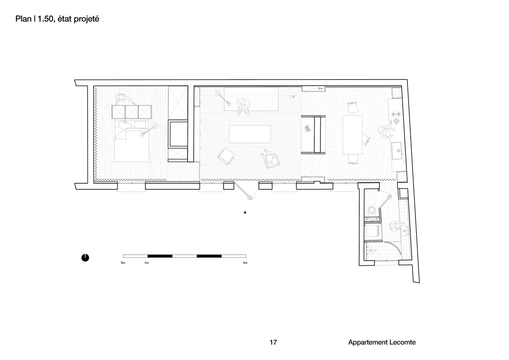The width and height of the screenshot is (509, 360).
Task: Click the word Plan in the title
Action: click(x=23, y=19)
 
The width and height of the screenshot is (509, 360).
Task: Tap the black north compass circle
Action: click(x=85, y=258)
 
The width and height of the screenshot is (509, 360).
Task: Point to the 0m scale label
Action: click(x=123, y=263)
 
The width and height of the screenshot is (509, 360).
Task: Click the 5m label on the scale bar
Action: click(x=245, y=263)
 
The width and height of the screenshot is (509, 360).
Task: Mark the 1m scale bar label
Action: click(x=147, y=263)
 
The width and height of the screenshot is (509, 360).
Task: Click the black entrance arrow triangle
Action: click(x=245, y=212)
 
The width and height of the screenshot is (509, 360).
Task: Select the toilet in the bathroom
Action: click(x=372, y=211)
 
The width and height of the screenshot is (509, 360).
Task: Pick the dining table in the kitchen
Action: click(x=352, y=135)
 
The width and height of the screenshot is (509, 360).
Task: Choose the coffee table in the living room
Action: click(x=250, y=134)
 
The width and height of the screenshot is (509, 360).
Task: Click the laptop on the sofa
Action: click(x=307, y=129)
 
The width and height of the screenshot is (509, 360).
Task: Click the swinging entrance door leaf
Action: click(x=242, y=191)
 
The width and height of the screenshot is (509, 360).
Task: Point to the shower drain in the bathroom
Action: click(x=371, y=251)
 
